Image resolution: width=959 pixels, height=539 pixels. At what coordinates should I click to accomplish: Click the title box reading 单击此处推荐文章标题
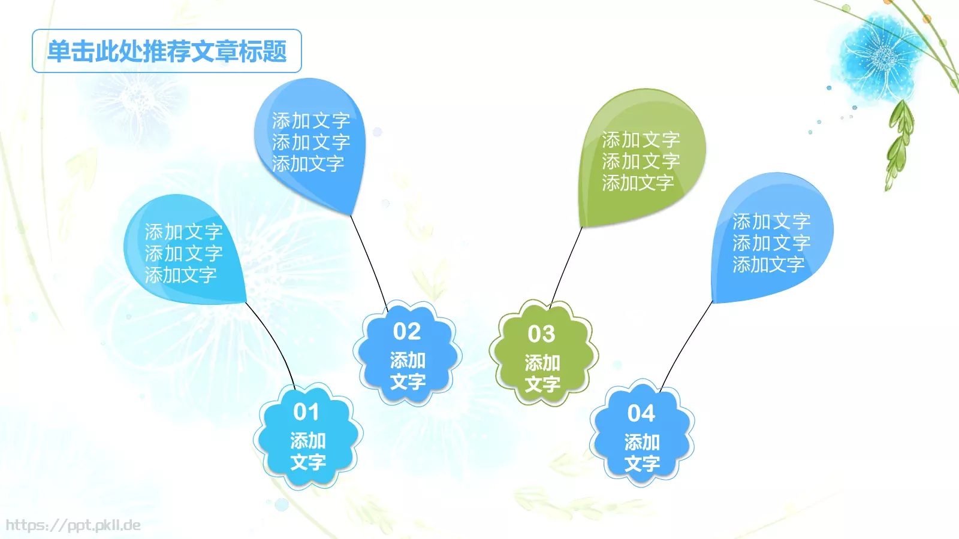(x=167, y=51)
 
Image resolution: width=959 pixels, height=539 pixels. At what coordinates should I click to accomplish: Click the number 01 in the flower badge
(x=306, y=412)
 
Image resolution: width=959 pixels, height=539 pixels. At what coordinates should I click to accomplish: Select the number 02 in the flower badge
(x=407, y=331)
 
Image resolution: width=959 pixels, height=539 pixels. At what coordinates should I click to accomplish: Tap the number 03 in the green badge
(x=541, y=334)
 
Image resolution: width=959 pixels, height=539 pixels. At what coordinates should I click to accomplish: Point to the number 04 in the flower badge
(x=641, y=413)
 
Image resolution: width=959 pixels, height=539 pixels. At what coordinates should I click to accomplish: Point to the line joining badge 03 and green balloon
(x=566, y=264)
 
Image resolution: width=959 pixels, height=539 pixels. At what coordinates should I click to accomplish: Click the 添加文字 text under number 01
(x=308, y=452)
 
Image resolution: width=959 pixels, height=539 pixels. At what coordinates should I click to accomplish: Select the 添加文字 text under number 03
(x=542, y=373)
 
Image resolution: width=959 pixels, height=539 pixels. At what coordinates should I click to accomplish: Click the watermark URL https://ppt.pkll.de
(x=73, y=525)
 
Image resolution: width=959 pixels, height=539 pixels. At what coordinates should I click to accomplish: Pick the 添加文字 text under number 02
(x=408, y=371)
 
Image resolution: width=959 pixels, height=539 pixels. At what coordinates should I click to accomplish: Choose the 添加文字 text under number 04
(x=642, y=453)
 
